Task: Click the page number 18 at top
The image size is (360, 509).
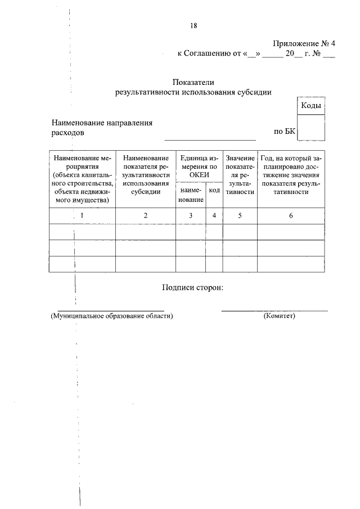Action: (x=193, y=25)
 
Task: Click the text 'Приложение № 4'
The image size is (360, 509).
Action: (x=304, y=44)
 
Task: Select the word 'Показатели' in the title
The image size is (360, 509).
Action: (x=193, y=83)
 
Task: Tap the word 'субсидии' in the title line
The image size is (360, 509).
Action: (x=253, y=93)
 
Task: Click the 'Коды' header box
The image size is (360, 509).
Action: (x=310, y=106)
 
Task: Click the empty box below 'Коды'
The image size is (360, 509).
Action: (x=310, y=127)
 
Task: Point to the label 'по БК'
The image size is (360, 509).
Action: (x=284, y=132)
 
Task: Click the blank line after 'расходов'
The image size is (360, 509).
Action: (x=209, y=135)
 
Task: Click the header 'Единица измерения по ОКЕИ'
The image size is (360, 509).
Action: (x=199, y=166)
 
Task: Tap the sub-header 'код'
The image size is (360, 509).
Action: (x=214, y=191)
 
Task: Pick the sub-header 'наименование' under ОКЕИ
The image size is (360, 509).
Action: (x=191, y=195)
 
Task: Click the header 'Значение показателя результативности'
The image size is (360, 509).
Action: (x=240, y=175)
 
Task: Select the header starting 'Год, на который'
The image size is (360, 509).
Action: (x=291, y=175)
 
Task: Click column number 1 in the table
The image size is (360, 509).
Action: (x=82, y=215)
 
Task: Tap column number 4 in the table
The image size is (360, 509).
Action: (x=214, y=215)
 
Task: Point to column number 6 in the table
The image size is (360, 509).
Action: (x=291, y=215)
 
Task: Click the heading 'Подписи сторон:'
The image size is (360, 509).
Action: (x=192, y=287)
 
